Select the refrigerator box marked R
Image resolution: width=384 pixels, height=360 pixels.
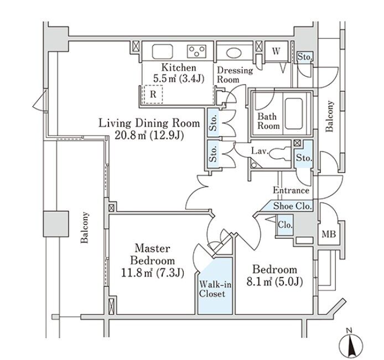[153, 94]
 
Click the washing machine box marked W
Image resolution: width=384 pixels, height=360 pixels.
[275, 51]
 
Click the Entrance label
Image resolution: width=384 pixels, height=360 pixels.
[290, 190]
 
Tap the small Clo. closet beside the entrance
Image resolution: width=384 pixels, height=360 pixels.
[285, 225]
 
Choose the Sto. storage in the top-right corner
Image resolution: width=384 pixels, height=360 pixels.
[304, 56]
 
